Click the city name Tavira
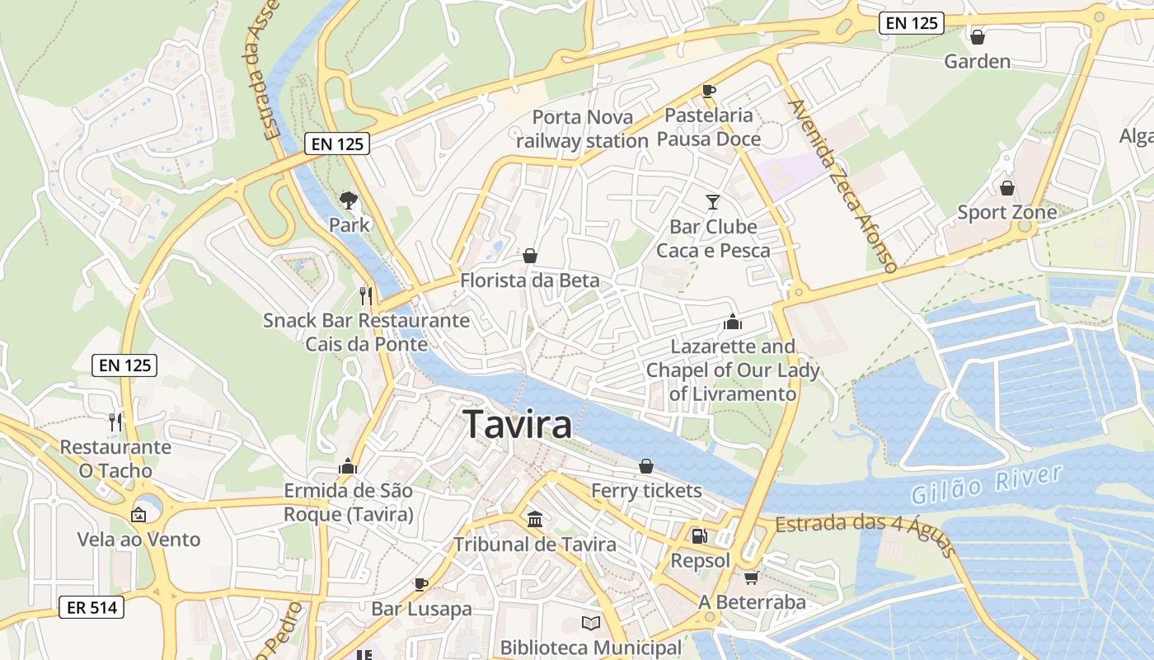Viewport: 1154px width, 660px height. [x=518, y=425]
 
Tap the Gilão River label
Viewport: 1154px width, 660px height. [x=987, y=484]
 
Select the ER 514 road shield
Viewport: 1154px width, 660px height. [x=91, y=608]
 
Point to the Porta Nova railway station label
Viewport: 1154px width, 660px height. [x=582, y=129]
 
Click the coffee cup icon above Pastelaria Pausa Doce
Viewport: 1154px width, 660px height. [x=708, y=91]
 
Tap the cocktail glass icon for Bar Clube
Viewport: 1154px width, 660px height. [x=713, y=201]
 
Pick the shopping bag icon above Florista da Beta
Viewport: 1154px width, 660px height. [x=530, y=256]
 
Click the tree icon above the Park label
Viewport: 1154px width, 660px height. [x=349, y=200]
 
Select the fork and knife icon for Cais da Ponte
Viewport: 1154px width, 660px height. [x=366, y=295]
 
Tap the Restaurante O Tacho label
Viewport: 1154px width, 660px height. [x=115, y=459]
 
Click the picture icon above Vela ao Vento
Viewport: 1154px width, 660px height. [x=138, y=515]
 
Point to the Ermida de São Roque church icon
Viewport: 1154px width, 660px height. [x=348, y=467]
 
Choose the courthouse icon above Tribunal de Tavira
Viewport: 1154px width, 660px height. [x=535, y=520]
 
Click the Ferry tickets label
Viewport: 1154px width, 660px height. [x=646, y=491]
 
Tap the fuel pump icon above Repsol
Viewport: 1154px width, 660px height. [x=699, y=536]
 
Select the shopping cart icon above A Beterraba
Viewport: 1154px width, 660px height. [x=751, y=577]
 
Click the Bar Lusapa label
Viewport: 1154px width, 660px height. [x=421, y=609]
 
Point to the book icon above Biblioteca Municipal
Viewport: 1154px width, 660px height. [x=590, y=623]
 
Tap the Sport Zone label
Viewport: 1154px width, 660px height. [x=1006, y=212]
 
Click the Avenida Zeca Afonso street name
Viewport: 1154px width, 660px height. [x=842, y=186]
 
